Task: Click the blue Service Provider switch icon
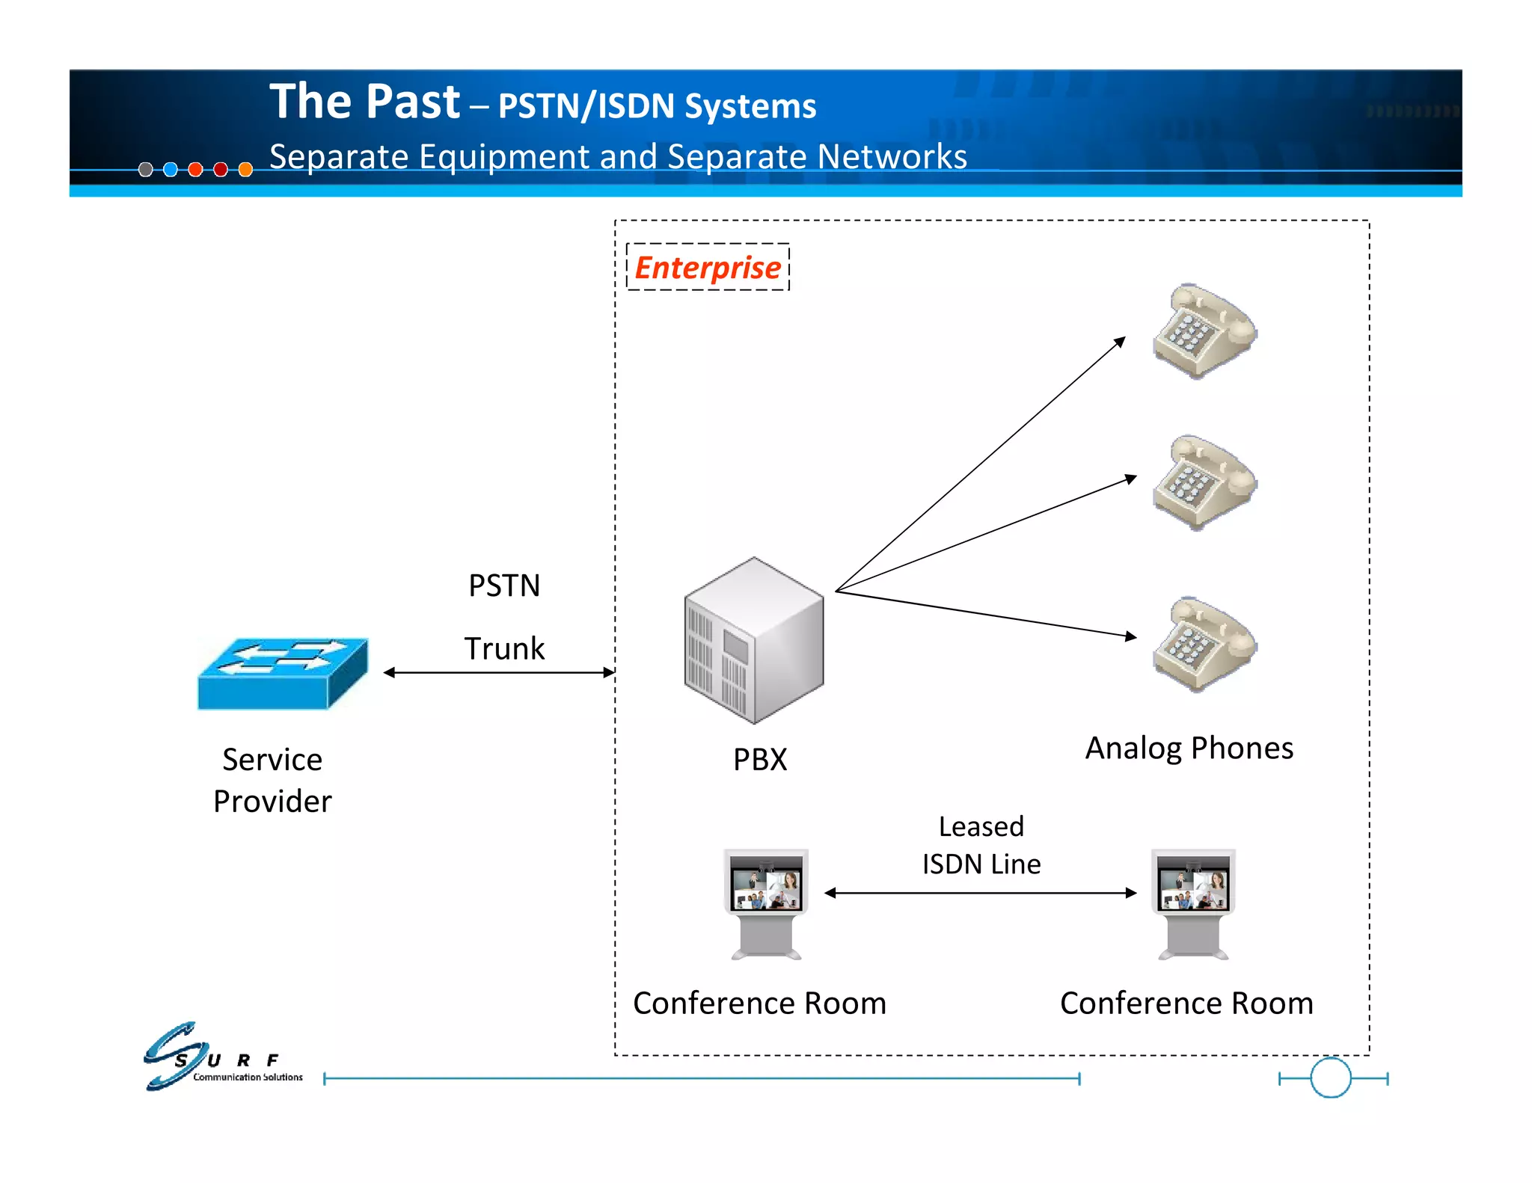pos(283,673)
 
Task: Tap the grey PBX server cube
pos(753,641)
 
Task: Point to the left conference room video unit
pos(766,903)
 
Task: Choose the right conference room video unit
pos(1193,903)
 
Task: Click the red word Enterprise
pos(708,268)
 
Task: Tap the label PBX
pos(760,760)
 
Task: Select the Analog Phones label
pos(1189,748)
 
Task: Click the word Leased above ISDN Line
pos(981,826)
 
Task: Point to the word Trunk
pos(504,648)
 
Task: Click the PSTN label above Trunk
pos(504,586)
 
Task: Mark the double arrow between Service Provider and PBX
pos(499,673)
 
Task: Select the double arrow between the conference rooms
pos(980,893)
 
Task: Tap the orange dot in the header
pos(245,170)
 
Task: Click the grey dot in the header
pos(146,170)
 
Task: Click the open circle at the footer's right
pos(1331,1078)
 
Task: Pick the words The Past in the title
pos(364,102)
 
